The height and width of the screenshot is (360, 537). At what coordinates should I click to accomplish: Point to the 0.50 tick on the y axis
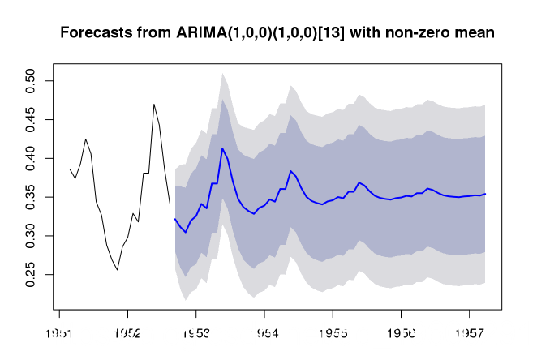(x=30, y=81)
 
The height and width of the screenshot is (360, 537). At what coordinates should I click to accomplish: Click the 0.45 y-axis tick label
(x=30, y=119)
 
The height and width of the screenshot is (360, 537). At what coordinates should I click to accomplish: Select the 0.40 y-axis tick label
(x=30, y=158)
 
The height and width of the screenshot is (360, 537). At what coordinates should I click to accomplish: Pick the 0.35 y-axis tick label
(x=30, y=197)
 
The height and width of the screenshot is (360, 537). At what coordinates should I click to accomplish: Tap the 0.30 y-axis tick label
(x=30, y=236)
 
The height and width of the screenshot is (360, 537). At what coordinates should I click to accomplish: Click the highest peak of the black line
(x=153, y=104)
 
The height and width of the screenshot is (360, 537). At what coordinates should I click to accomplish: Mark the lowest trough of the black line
(x=117, y=270)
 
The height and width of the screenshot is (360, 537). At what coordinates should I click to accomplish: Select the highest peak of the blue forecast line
(x=222, y=148)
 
